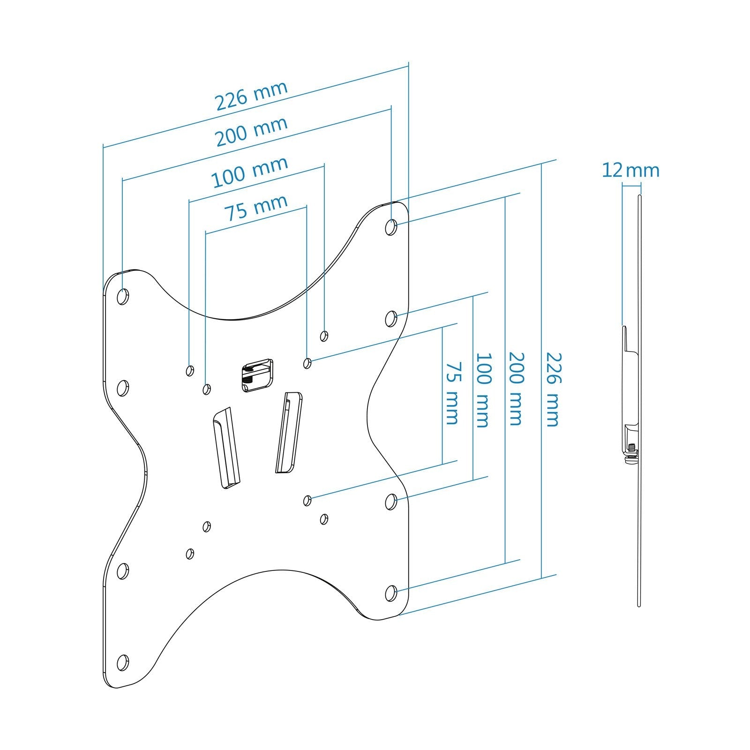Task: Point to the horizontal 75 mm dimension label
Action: pos(256,207)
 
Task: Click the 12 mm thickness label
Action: pos(630,171)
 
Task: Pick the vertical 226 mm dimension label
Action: pos(552,390)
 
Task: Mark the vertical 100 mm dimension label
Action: pos(483,390)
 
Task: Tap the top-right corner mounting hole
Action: pos(391,228)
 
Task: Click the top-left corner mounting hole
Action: pos(123,296)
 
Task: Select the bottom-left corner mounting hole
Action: pos(122,662)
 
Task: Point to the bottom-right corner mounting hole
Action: pos(391,593)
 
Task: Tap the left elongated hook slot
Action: pos(227,447)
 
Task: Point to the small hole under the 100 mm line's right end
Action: pos(323,336)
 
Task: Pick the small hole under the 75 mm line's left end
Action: pos(206,389)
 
